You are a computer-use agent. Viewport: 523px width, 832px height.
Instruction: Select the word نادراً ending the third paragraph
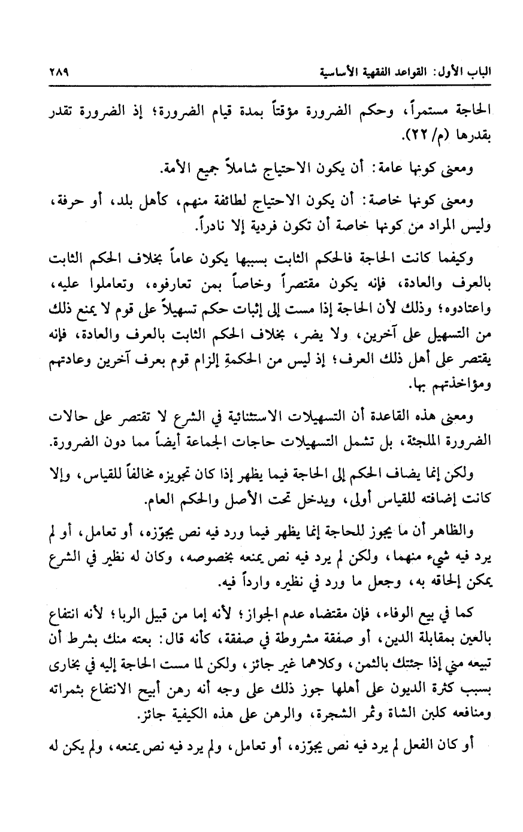[x=214, y=228]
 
